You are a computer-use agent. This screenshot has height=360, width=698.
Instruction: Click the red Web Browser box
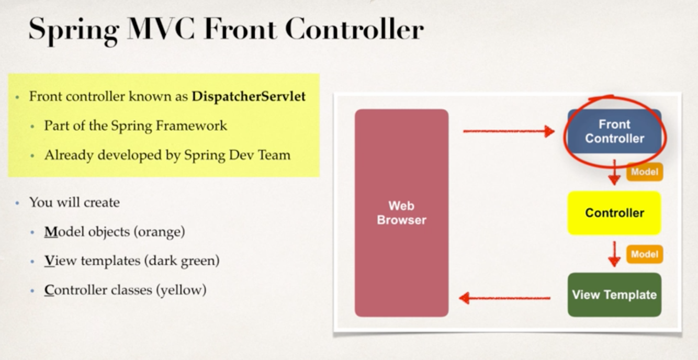(401, 212)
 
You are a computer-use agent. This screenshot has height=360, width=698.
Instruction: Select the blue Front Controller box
(614, 131)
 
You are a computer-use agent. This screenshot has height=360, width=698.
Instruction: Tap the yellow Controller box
(614, 213)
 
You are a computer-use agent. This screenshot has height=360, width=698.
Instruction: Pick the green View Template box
(614, 295)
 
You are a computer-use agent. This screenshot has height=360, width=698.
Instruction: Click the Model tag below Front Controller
(644, 172)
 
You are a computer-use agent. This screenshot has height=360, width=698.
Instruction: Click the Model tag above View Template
(644, 254)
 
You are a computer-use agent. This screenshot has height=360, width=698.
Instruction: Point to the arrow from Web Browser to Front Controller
(508, 131)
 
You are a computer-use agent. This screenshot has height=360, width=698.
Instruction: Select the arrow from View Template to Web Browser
(504, 298)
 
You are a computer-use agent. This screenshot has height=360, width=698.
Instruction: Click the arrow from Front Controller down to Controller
(614, 173)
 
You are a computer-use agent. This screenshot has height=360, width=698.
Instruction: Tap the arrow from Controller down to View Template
(614, 254)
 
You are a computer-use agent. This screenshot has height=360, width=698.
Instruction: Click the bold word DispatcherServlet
(249, 97)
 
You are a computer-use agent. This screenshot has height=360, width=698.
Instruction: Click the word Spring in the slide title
(74, 29)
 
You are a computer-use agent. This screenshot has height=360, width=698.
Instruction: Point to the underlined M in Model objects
(51, 231)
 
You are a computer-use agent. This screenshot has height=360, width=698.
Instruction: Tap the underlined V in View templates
(49, 260)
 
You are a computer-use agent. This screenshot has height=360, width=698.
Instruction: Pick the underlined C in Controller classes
(49, 289)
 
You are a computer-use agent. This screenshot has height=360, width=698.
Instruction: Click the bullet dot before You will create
(17, 203)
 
